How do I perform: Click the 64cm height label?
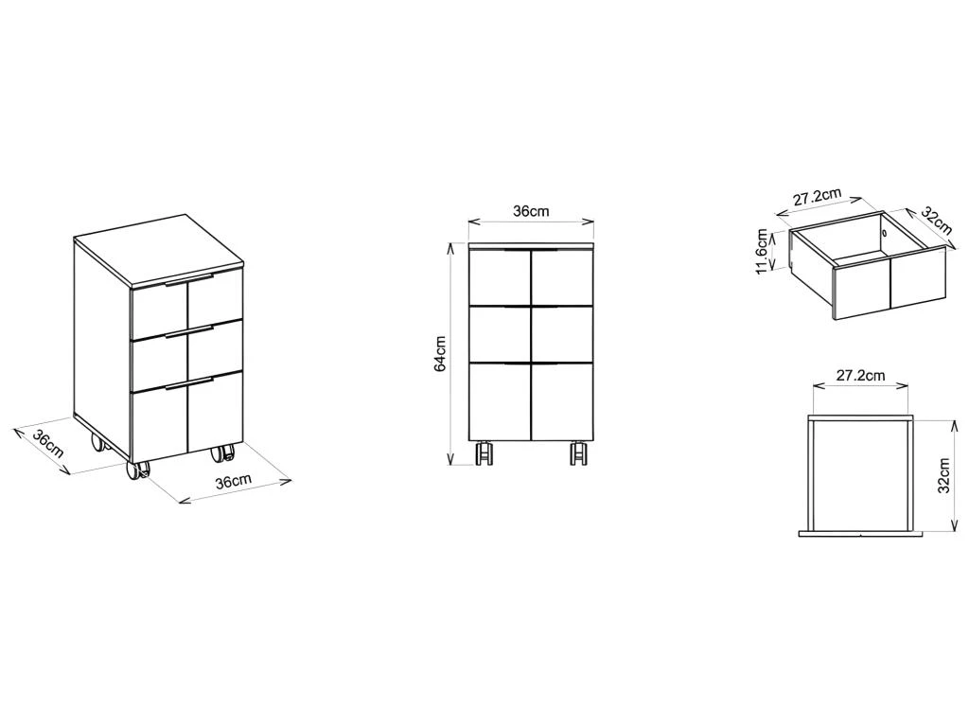pyautogui.click(x=440, y=354)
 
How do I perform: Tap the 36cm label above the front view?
pyautogui.click(x=531, y=211)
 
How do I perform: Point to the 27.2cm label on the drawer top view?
pyautogui.click(x=861, y=375)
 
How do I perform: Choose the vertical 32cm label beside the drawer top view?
pyautogui.click(x=943, y=475)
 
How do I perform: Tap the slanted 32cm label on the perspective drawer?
pyautogui.click(x=937, y=219)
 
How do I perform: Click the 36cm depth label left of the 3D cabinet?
pyautogui.click(x=47, y=443)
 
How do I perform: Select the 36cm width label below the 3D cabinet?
pyautogui.click(x=234, y=482)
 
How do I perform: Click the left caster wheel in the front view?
pyautogui.click(x=484, y=453)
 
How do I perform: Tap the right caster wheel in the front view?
pyautogui.click(x=578, y=453)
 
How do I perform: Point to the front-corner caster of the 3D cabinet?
pyautogui.click(x=138, y=470)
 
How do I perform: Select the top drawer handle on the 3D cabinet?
pyautogui.click(x=189, y=279)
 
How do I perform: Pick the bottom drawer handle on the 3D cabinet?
pyautogui.click(x=189, y=382)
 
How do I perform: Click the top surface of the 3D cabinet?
pyautogui.click(x=159, y=250)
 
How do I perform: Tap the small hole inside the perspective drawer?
pyautogui.click(x=885, y=234)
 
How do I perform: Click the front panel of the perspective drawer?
pyautogui.click(x=890, y=282)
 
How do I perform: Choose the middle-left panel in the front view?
pyautogui.click(x=500, y=334)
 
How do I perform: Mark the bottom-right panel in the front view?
pyautogui.click(x=562, y=401)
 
